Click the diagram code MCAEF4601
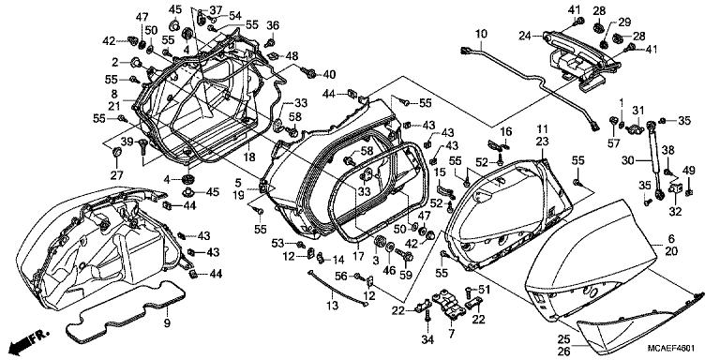[x=671, y=348]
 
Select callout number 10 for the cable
[x=481, y=34]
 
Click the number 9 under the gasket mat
[x=167, y=323]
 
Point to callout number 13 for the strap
[x=332, y=305]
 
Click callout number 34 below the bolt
[x=427, y=339]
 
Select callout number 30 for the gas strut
[x=629, y=160]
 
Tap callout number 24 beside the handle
[x=525, y=36]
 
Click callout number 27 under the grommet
[x=116, y=175]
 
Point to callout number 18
[x=248, y=157]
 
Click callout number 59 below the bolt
[x=405, y=277]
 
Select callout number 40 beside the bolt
[x=329, y=74]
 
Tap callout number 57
[x=614, y=144]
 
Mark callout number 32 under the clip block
[x=675, y=212]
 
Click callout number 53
[x=277, y=243]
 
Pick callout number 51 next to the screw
[x=485, y=290]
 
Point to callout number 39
[x=127, y=142]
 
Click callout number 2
[x=115, y=62]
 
